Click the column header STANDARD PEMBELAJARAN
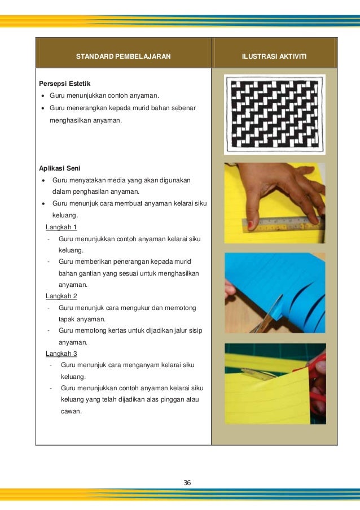pyautogui.click(x=123, y=57)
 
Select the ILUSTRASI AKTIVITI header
pyautogui.click(x=274, y=57)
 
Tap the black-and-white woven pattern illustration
pyautogui.click(x=274, y=115)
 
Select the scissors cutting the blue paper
pyautogui.click(x=265, y=316)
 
